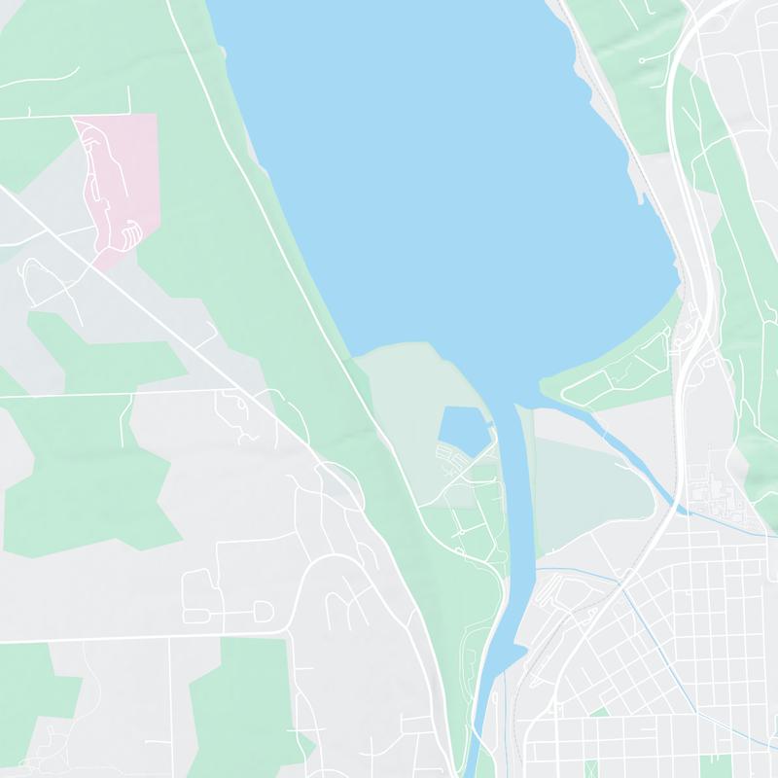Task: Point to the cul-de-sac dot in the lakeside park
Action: pos(643,60)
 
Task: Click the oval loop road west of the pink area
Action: pos(39,277)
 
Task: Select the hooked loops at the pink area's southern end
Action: pos(131,233)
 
